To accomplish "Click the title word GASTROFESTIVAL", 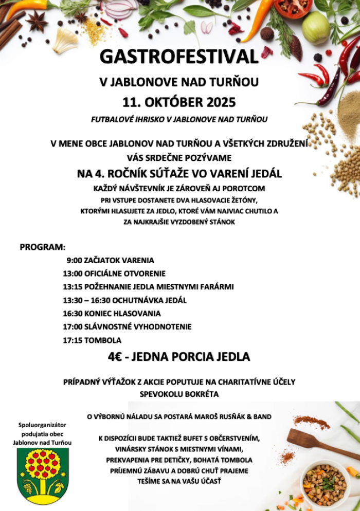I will click(x=179, y=57).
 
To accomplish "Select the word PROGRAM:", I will click(x=43, y=247).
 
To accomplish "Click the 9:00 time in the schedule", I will click(x=75, y=261).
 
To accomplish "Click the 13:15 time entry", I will click(x=73, y=287).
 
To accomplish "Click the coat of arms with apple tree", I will click(x=42, y=476).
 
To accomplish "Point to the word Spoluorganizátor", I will click(x=42, y=425).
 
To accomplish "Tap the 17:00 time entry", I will click(x=73, y=327).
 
